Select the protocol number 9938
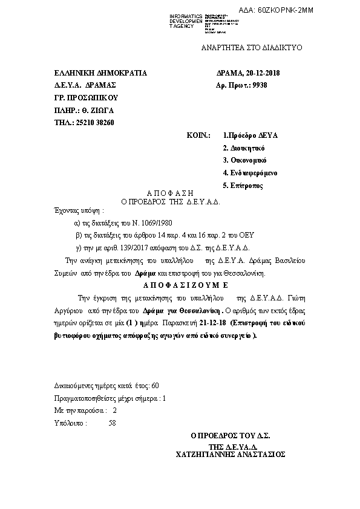[x=258, y=85]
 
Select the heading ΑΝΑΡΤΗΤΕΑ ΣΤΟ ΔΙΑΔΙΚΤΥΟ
[x=251, y=47]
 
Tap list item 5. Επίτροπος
[x=243, y=186]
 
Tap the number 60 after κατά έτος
[x=155, y=386]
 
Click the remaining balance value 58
[x=111, y=424]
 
